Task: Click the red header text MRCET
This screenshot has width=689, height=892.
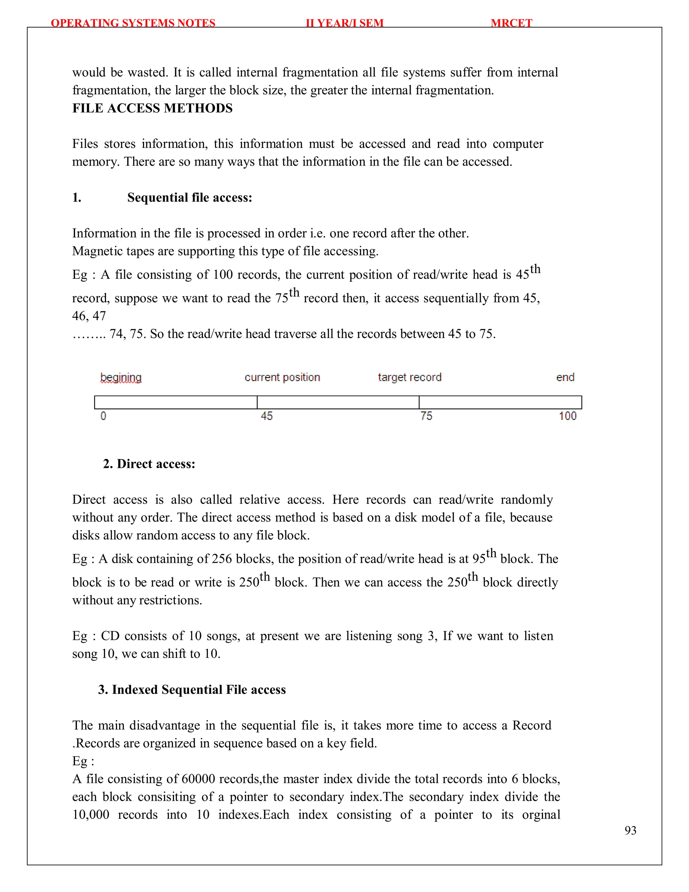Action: pos(511,23)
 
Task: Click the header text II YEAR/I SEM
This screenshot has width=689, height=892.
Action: pos(344,23)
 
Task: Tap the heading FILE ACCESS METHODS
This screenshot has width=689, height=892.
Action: pos(152,108)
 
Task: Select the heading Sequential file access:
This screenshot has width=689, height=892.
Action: pos(189,198)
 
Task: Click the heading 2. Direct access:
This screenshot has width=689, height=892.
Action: pos(149,464)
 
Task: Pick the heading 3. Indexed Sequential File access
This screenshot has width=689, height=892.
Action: pos(192,689)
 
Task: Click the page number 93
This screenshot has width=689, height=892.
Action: pos(630,830)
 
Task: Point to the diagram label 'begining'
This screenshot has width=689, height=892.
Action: pos(121,377)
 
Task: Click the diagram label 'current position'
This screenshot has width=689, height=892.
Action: pos(282,377)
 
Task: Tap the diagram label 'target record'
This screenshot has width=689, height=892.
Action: pos(409,377)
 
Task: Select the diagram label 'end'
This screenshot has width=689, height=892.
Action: pos(565,377)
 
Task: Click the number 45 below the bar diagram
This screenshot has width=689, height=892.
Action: pos(266,416)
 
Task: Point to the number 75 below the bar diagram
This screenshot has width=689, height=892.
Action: pos(426,416)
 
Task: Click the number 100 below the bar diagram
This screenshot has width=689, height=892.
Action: pos(567,416)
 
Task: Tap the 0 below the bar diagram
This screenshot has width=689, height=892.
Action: pos(103,416)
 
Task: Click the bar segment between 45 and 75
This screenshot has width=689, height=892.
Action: pos(338,402)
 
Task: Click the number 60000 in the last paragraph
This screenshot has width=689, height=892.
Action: pos(198,779)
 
